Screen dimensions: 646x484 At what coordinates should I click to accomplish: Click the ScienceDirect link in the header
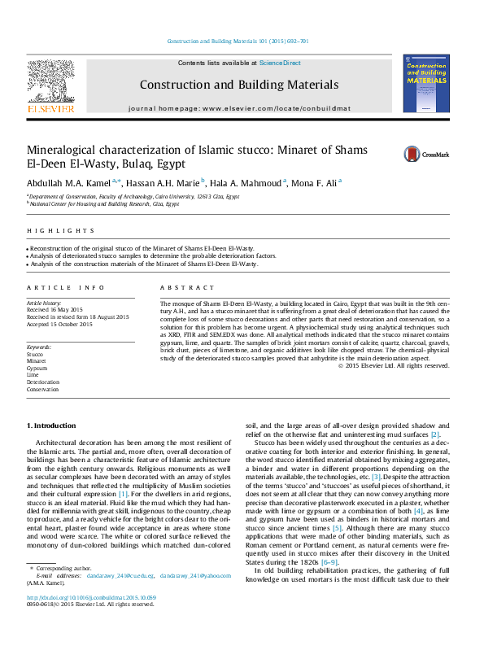tap(281, 63)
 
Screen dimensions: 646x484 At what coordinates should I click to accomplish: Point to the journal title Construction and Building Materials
tap(238, 85)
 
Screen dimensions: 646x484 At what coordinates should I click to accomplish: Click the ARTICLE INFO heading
tap(55, 288)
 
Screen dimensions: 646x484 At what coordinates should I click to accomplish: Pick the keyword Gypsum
tap(37, 368)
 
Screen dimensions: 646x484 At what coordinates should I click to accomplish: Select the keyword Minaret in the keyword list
tap(37, 361)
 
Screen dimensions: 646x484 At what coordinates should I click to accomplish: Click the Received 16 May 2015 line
tap(55, 310)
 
